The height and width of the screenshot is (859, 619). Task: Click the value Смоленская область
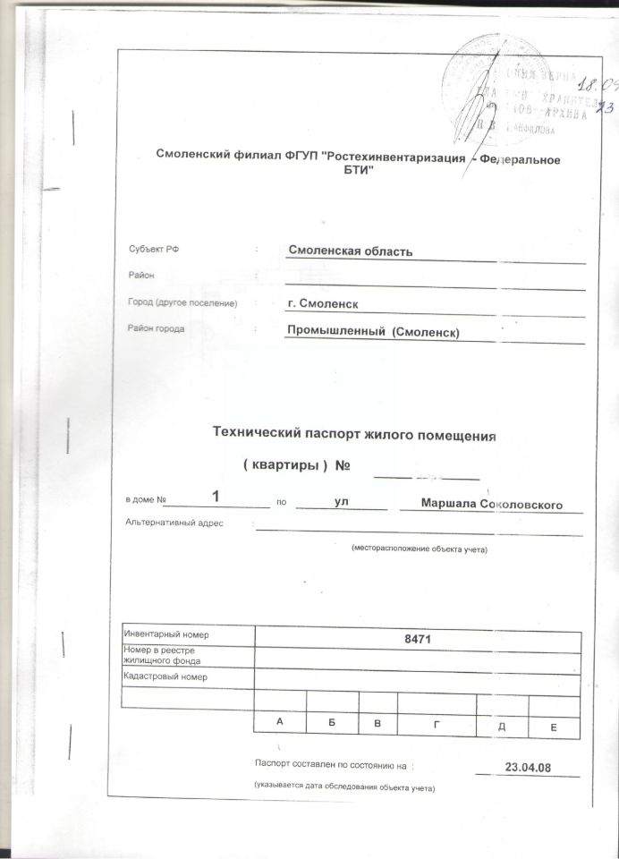pyautogui.click(x=349, y=250)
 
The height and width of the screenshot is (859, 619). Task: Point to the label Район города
pyautogui.click(x=157, y=328)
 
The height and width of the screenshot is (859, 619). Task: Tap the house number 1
pyautogui.click(x=216, y=495)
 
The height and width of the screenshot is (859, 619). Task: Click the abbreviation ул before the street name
pyautogui.click(x=341, y=504)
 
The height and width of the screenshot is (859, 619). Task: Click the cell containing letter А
pyautogui.click(x=280, y=721)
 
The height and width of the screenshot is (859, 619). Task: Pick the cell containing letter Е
pyautogui.click(x=554, y=728)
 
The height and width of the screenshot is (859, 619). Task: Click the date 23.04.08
pyautogui.click(x=527, y=767)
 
